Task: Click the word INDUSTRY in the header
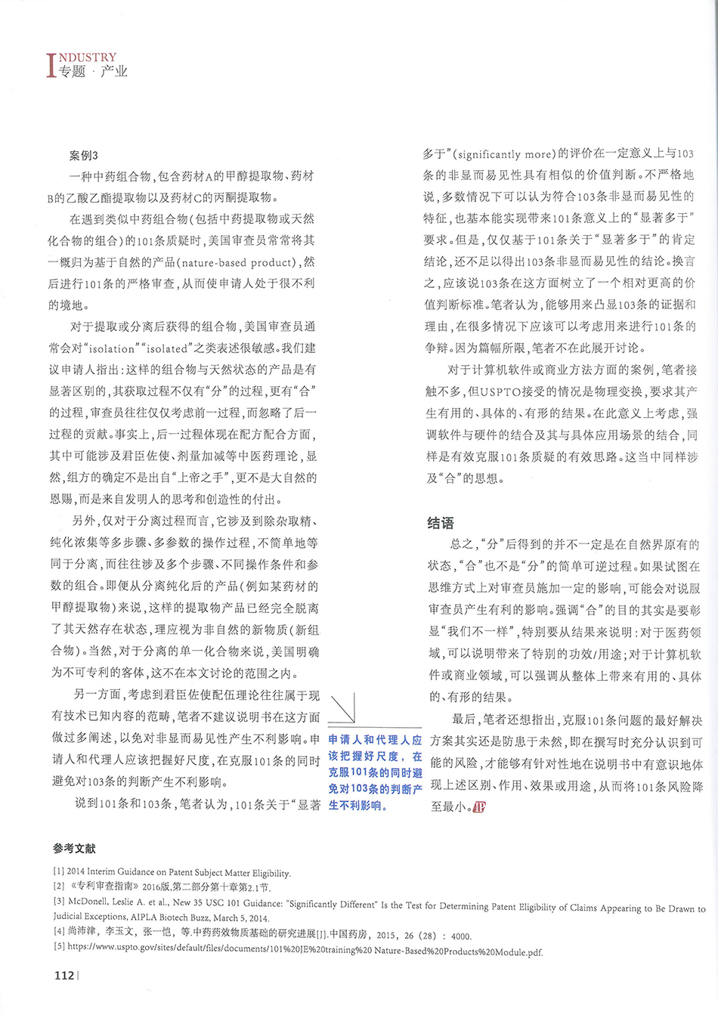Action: [88, 57]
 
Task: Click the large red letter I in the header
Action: [51, 65]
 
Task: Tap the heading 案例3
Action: [83, 156]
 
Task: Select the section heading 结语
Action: [441, 523]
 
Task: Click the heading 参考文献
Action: [74, 849]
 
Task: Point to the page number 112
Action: [65, 975]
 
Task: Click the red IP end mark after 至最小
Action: [479, 807]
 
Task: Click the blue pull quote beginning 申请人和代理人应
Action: [375, 772]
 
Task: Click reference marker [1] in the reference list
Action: [58, 871]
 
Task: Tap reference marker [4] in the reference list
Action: [58, 931]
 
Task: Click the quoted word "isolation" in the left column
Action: [113, 349]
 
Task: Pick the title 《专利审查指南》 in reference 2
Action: [104, 887]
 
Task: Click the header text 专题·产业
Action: [93, 72]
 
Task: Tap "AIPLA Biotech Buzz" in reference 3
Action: [172, 917]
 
